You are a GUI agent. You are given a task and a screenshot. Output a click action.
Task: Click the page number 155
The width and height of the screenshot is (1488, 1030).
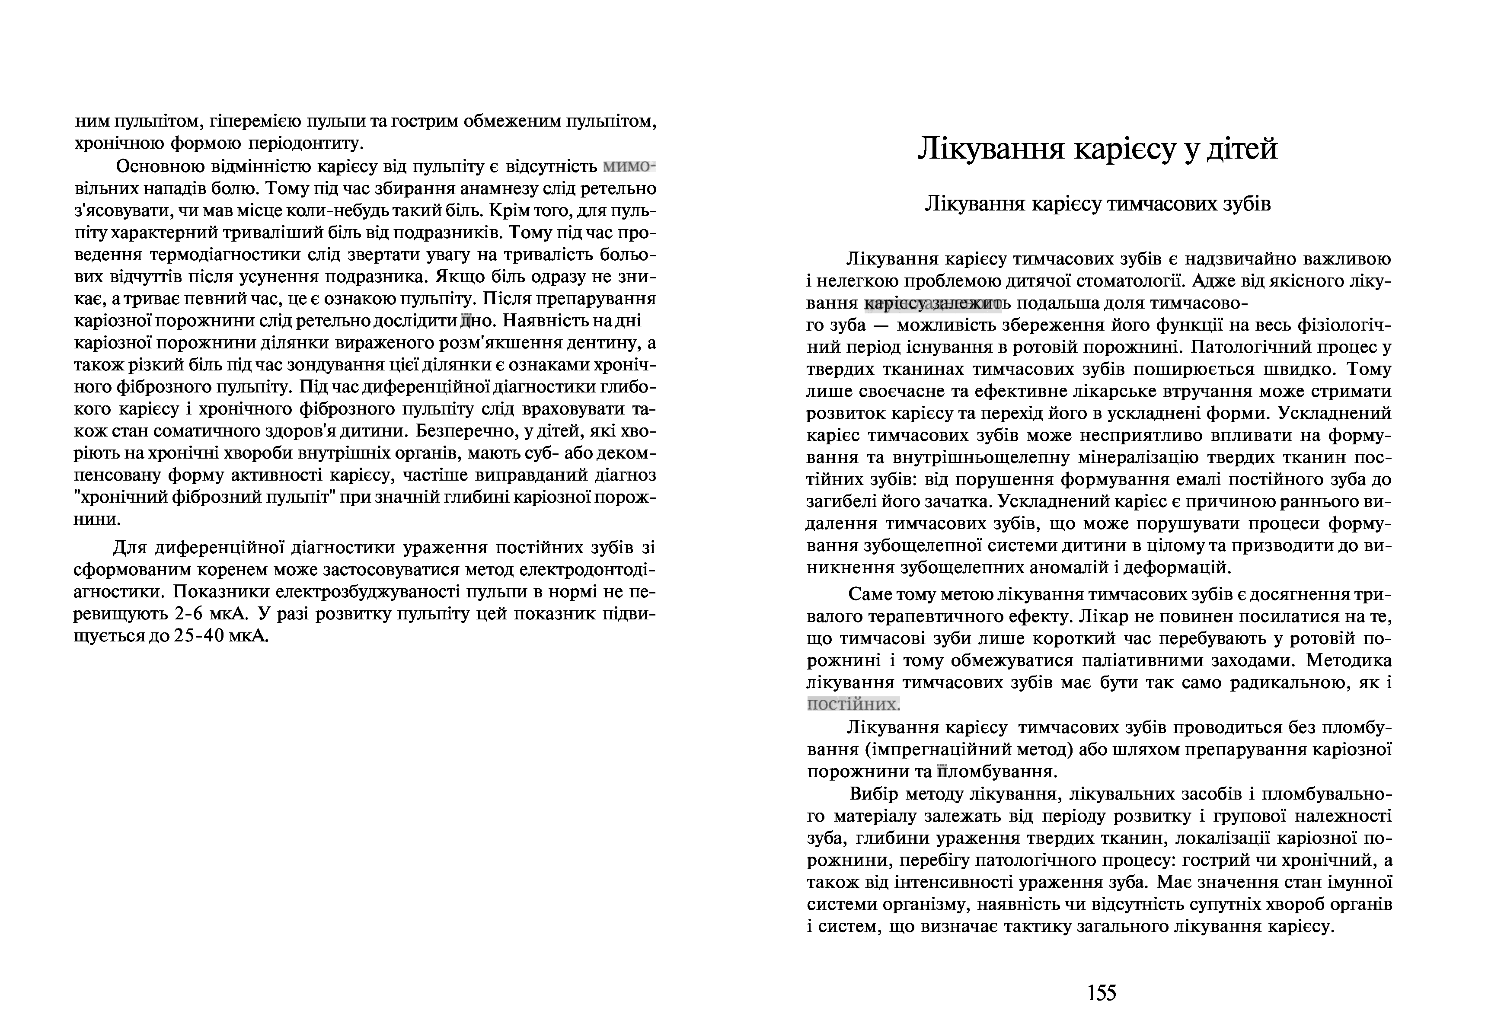coord(1102,992)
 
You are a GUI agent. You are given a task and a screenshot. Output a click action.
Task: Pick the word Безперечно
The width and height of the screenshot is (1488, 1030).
coord(470,431)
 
